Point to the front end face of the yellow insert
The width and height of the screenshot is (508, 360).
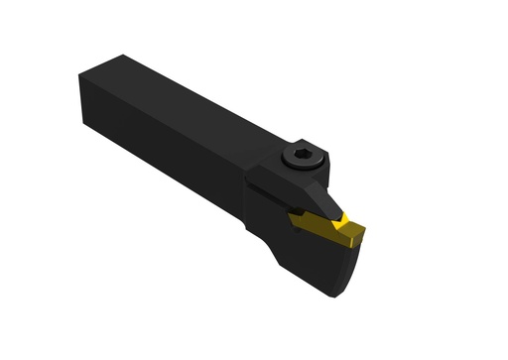click(x=354, y=241)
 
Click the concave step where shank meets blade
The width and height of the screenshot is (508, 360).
click(x=270, y=244)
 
